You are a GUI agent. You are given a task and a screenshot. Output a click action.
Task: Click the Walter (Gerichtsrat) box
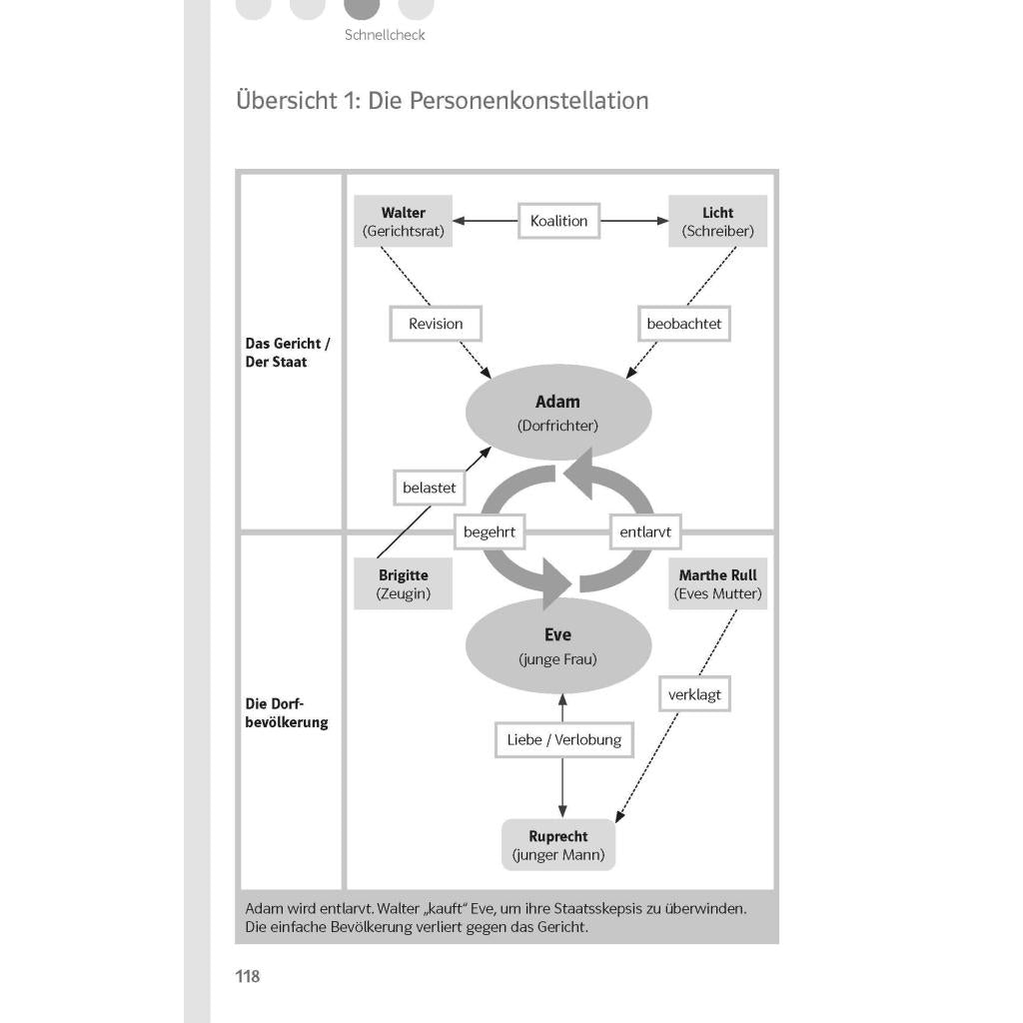tap(404, 221)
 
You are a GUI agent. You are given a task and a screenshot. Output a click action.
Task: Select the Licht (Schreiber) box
tap(717, 221)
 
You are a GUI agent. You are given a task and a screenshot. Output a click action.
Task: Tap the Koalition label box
tap(559, 221)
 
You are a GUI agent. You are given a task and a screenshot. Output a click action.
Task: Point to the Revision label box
tap(436, 324)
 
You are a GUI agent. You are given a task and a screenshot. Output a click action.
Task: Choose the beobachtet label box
tap(683, 324)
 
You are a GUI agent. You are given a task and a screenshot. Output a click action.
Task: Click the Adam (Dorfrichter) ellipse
tap(558, 413)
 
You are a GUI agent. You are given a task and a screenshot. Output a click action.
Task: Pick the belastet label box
tap(430, 488)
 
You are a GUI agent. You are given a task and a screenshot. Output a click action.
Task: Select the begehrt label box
tap(490, 531)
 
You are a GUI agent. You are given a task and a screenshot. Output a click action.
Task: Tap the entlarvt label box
tap(645, 531)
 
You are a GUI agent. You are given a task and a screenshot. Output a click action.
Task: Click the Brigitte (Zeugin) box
tap(404, 583)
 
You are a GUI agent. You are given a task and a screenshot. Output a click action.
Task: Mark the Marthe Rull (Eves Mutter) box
tap(717, 583)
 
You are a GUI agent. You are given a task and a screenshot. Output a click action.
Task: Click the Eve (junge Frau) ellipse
tap(558, 646)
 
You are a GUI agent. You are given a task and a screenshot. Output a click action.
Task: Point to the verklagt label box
tap(694, 694)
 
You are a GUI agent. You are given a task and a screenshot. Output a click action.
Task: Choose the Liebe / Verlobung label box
tap(564, 740)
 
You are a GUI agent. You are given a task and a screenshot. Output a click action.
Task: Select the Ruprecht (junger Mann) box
tap(558, 845)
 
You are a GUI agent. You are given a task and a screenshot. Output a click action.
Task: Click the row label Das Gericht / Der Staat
tap(288, 353)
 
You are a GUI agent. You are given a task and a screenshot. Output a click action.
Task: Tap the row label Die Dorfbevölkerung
tap(287, 713)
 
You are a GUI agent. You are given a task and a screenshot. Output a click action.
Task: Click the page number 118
tap(248, 976)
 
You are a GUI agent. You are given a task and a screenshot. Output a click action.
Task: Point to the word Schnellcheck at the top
tap(385, 35)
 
